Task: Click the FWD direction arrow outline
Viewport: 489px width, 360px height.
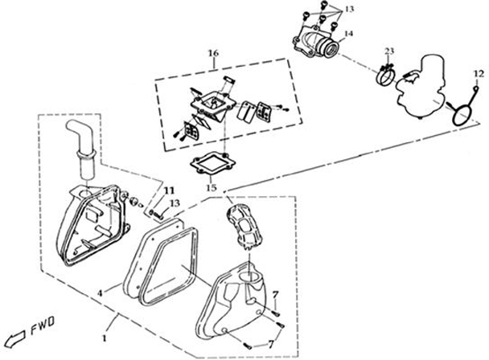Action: point(18,331)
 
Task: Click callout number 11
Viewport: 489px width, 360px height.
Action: point(168,190)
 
